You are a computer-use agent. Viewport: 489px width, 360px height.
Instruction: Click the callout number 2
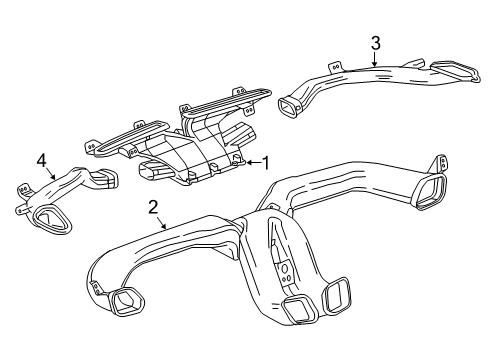click(153, 207)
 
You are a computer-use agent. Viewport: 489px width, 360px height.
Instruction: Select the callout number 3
click(375, 42)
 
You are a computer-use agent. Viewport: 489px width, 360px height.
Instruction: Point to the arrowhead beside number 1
click(250, 162)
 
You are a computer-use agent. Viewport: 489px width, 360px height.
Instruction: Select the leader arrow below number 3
click(374, 60)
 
